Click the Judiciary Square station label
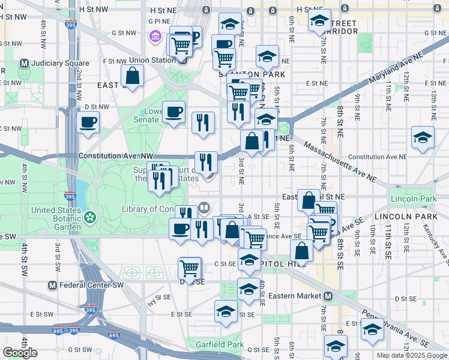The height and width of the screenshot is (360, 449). click(62, 63)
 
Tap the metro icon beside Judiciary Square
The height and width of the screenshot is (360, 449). click(25, 63)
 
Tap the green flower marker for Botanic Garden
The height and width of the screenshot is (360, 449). click(90, 216)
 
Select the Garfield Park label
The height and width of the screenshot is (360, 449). click(220, 344)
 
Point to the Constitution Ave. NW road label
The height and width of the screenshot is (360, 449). click(112, 156)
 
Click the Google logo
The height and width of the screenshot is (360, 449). click(20, 353)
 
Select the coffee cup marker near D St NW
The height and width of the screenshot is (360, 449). click(88, 122)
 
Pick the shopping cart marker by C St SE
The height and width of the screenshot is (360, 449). click(190, 267)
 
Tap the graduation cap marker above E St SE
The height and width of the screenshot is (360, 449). click(226, 311)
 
